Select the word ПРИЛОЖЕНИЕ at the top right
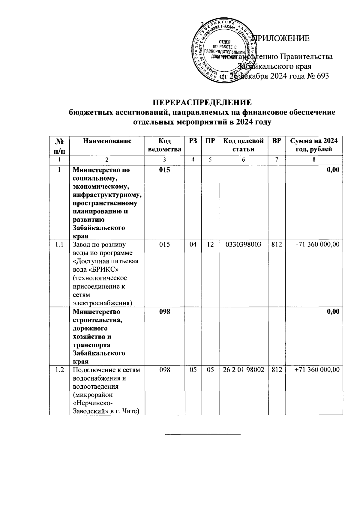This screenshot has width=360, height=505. pos(282,38)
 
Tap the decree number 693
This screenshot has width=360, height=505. pos(322,76)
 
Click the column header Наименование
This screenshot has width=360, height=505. pos(107,141)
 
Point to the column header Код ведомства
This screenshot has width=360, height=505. pos(165,145)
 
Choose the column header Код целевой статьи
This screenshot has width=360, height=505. pos(243,145)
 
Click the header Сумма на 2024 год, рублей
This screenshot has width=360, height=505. pos(314,145)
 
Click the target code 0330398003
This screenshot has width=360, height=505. pos(243,244)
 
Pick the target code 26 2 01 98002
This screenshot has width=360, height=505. pos(243,370)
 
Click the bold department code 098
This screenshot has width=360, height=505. pos(165,312)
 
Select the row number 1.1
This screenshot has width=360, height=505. pos(59,244)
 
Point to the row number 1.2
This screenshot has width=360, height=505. pos(59,370)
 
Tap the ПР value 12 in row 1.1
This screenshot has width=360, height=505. pos(210,244)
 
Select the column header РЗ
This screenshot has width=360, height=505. pos(193,141)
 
